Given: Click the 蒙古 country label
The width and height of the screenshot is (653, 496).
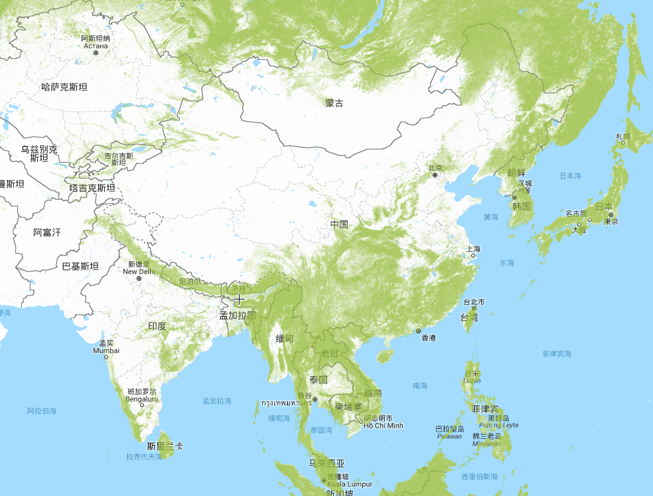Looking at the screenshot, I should point(334,103).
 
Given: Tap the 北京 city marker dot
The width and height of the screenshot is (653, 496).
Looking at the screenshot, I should point(435,175).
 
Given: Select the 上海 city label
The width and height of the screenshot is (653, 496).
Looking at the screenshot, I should point(473,249).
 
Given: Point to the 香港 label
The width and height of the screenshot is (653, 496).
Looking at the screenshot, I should point(429,338).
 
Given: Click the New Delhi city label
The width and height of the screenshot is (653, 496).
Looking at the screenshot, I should point(139,272).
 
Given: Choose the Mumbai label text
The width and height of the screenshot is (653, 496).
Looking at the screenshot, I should point(106,351).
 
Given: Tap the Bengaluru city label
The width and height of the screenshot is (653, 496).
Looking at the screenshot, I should point(143,399).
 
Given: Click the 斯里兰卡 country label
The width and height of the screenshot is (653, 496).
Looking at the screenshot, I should point(165,446).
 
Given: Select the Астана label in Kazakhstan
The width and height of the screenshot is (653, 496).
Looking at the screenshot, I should point(96,45).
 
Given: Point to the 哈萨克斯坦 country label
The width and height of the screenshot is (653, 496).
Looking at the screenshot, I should point(64,86).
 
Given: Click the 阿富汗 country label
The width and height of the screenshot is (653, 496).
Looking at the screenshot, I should point(47,232).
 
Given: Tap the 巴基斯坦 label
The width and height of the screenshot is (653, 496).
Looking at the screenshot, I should point(80,266).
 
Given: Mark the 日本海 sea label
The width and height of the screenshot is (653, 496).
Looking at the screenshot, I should point(570,176).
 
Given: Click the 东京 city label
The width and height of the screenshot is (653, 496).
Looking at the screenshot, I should point(611,221).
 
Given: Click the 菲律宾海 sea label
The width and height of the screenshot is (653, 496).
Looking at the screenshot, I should point(556,354).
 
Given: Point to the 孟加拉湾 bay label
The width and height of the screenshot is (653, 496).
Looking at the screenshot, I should point(217,401).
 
